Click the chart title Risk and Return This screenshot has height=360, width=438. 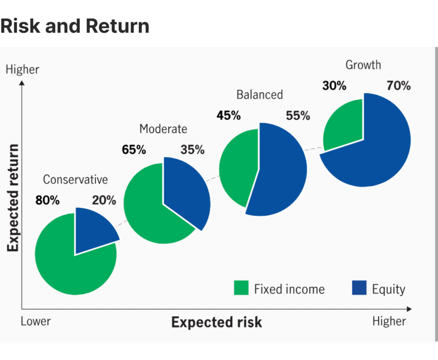pyautogui.click(x=75, y=27)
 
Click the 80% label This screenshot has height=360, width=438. pyautogui.click(x=47, y=200)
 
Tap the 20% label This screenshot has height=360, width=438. pyautogui.click(x=104, y=200)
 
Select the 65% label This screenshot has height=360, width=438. pyautogui.click(x=134, y=150)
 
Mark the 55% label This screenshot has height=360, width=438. pyautogui.click(x=298, y=116)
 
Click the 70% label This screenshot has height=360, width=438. pyautogui.click(x=398, y=86)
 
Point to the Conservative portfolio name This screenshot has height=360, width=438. pyautogui.click(x=75, y=179)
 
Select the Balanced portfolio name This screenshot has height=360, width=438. pyautogui.click(x=260, y=94)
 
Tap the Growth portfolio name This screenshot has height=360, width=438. pyautogui.click(x=363, y=65)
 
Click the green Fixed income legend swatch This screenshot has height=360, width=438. pyautogui.click(x=241, y=288)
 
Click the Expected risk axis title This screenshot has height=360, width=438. pyautogui.click(x=216, y=322)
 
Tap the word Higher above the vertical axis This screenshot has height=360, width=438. pyautogui.click(x=22, y=69)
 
